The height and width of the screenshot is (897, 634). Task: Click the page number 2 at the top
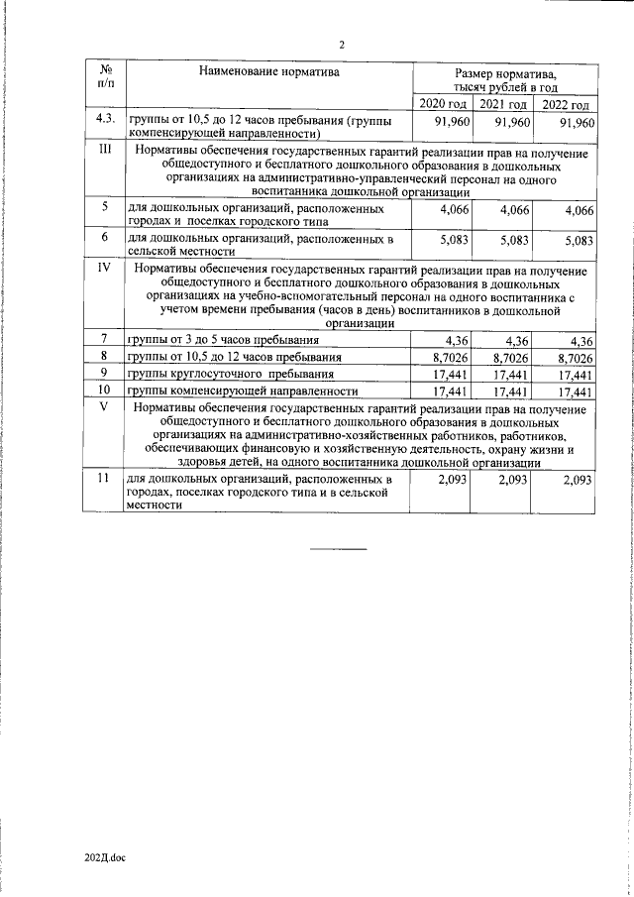click(342, 45)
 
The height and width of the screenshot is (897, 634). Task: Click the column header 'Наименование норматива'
click(268, 72)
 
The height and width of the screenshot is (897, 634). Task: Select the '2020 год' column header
click(442, 105)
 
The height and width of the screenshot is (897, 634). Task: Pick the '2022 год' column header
click(568, 105)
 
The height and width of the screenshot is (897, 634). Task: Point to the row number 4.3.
click(105, 121)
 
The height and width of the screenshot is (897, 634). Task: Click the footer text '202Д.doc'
click(106, 856)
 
